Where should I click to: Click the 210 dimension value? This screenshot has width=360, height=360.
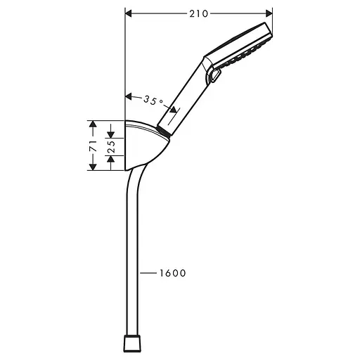pos(200,12)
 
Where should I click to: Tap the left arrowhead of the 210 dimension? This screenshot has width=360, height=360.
pos(129,12)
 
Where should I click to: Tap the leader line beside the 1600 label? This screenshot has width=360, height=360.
pos(149,273)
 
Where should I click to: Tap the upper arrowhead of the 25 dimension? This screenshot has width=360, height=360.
pos(110,134)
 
